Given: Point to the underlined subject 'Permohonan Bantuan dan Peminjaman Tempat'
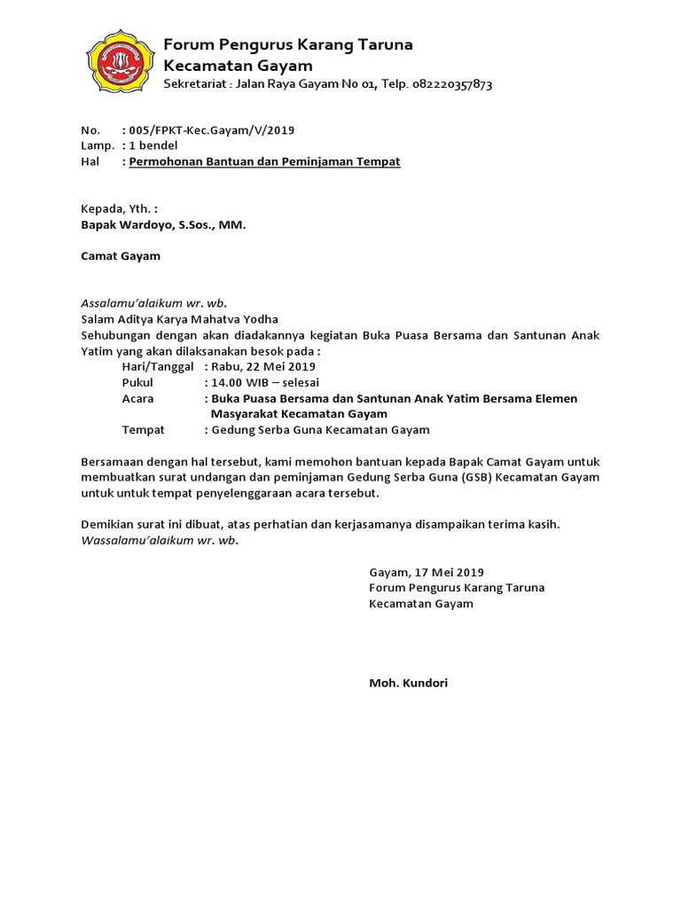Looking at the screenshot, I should (x=264, y=162).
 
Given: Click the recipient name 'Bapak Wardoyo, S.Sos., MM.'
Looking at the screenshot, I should (x=163, y=225).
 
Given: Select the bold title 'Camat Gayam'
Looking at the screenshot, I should (x=121, y=256).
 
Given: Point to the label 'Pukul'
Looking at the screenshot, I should (x=137, y=383).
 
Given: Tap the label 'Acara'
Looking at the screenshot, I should (x=137, y=399).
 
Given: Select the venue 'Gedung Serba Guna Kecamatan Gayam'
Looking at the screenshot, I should (x=320, y=430).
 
